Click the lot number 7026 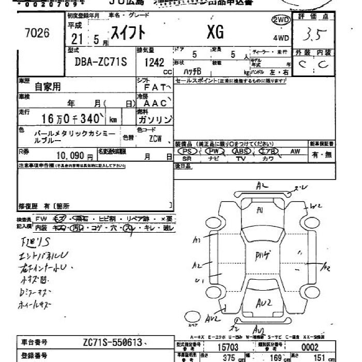point(37,34)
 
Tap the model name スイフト point(126,33)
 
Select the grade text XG point(215,33)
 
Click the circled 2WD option point(280,20)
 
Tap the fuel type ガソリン point(155,119)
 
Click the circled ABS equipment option point(241,151)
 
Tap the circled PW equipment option point(213,151)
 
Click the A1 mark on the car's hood point(260,210)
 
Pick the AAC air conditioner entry point(154,102)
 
